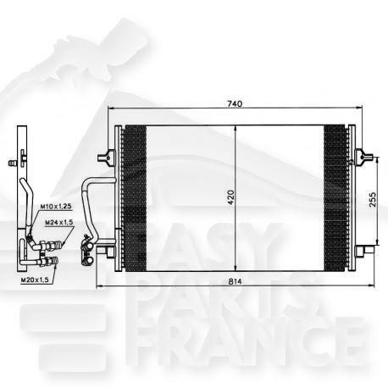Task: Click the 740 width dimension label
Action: pyautogui.click(x=235, y=103)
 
